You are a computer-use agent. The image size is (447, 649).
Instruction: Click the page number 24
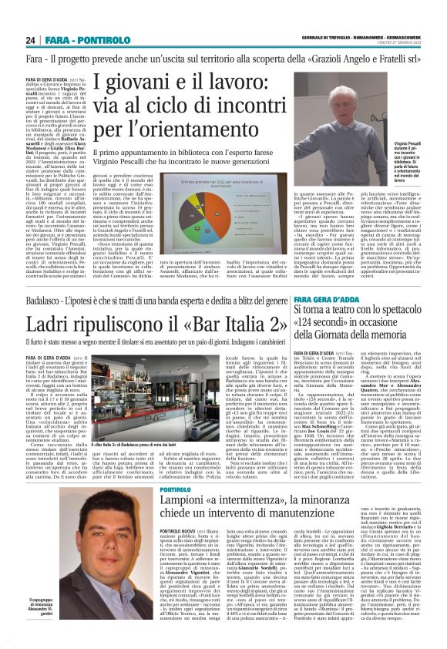pos(31,40)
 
